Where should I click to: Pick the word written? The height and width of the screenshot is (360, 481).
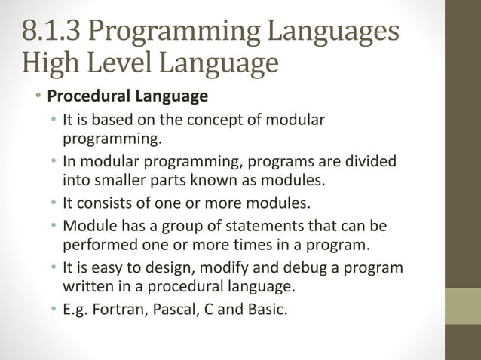(x=87, y=285)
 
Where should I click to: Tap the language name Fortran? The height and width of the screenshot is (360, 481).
(x=118, y=308)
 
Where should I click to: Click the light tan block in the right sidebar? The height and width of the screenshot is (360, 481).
(x=464, y=307)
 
